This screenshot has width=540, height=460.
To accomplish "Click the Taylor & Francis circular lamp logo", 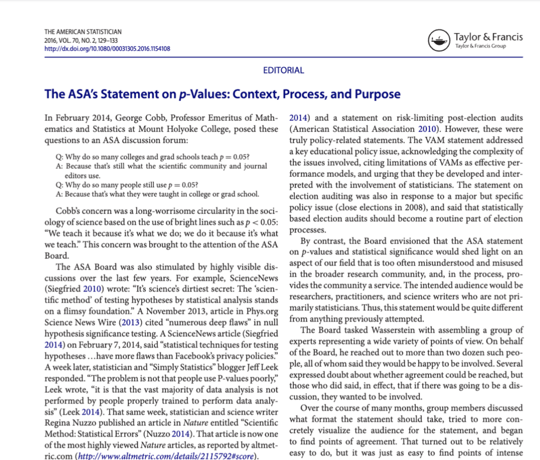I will pyautogui.click(x=439, y=40).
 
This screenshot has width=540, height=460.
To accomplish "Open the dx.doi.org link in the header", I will pyautogui.click(x=107, y=49).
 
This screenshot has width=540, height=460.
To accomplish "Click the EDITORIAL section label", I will pyautogui.click(x=283, y=70).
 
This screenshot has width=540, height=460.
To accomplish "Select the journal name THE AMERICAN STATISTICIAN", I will pyautogui.click(x=83, y=32).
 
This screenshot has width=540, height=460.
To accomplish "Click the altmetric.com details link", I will pyautogui.click(x=166, y=456).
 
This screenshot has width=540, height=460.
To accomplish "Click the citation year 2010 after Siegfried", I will pyautogui.click(x=92, y=289).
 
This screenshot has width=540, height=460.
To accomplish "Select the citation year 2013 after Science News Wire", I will pyautogui.click(x=130, y=322).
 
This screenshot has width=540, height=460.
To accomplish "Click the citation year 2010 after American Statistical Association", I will pyautogui.click(x=427, y=129).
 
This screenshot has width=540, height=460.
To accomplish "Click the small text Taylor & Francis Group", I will pyautogui.click(x=480, y=46).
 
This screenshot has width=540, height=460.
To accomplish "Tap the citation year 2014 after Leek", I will pyautogui.click(x=90, y=412).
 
